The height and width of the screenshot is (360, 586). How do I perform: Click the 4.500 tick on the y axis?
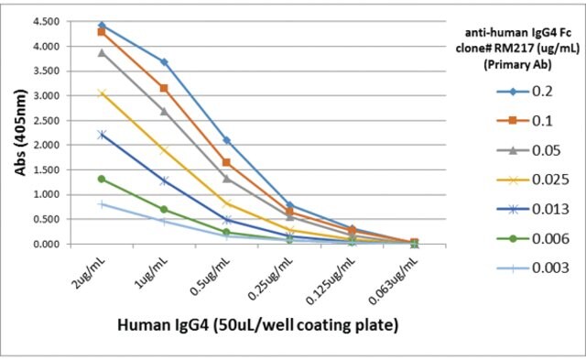47,22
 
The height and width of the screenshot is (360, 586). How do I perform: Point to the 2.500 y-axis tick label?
47,120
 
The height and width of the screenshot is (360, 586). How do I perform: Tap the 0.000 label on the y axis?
47,244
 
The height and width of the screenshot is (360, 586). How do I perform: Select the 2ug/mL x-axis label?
89,273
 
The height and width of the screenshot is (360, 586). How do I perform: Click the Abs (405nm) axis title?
20,132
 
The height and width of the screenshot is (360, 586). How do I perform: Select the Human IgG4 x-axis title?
258,325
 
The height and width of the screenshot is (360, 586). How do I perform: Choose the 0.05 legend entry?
529,150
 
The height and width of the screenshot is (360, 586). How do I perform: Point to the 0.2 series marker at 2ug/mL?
102,26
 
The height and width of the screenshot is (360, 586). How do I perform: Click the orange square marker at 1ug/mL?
164,88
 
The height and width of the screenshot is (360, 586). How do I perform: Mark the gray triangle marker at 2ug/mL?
102,53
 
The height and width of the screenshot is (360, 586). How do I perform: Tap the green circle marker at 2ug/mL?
102,179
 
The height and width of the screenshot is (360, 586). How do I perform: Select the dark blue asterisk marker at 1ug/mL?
164,181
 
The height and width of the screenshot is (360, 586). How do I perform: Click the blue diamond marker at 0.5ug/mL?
226,140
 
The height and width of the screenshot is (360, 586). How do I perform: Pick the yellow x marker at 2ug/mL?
102,93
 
